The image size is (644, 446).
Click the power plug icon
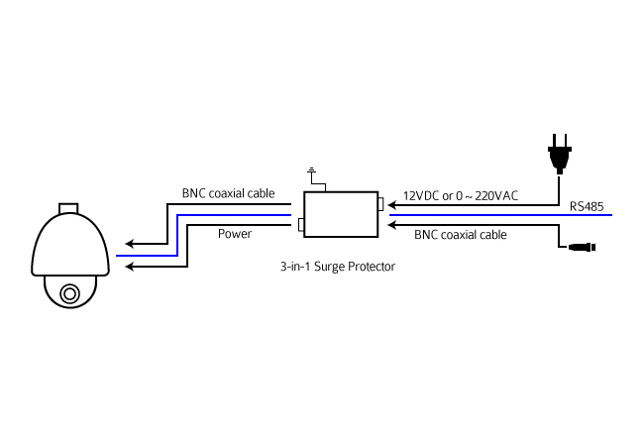click(x=560, y=154)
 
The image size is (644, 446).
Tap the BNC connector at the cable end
click(x=582, y=247)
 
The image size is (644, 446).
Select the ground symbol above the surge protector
click(x=312, y=169)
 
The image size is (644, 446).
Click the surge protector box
click(x=341, y=214)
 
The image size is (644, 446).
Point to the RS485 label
click(x=587, y=206)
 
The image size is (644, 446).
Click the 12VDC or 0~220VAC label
click(x=461, y=196)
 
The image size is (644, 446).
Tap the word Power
click(x=235, y=234)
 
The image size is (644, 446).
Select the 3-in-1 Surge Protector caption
click(x=338, y=267)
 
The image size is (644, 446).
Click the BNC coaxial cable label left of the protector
click(x=228, y=193)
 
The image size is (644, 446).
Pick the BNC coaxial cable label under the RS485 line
click(x=461, y=235)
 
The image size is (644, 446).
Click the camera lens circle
click(x=69, y=293)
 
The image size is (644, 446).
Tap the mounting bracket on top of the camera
click(x=68, y=208)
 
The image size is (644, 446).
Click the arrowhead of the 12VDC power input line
click(x=391, y=205)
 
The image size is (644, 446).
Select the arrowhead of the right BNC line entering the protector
click(x=391, y=225)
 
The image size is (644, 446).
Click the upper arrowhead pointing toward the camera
click(x=130, y=244)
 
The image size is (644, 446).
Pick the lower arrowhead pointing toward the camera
click(x=130, y=267)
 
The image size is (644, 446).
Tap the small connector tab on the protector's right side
click(x=380, y=204)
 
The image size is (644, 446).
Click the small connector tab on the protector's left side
click(x=301, y=225)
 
